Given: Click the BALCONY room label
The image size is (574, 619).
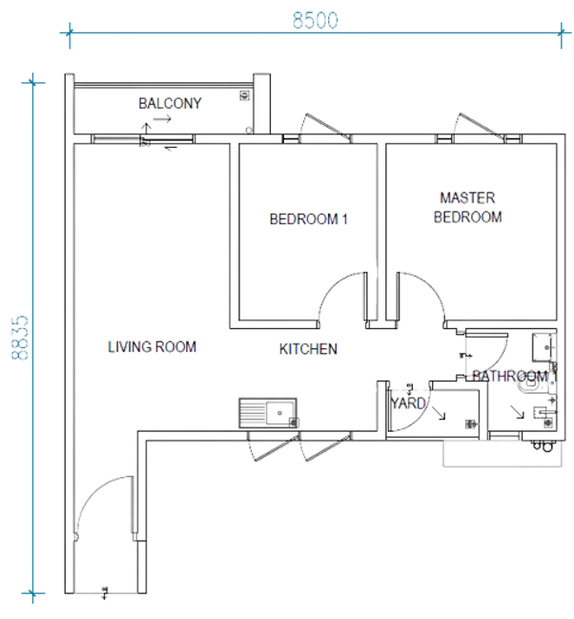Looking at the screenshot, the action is click(170, 103).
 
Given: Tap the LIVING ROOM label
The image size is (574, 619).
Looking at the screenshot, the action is click(152, 346).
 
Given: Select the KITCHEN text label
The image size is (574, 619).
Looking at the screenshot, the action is click(308, 349).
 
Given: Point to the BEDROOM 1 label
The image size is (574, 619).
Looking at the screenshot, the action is click(308, 219).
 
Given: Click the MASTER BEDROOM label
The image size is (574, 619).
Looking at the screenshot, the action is click(468, 207).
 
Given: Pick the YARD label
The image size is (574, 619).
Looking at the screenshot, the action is click(408, 403).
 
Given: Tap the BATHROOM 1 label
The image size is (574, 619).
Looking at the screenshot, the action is click(514, 376).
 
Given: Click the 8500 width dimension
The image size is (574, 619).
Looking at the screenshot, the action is click(315, 21).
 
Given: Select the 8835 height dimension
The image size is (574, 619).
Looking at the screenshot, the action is click(20, 338).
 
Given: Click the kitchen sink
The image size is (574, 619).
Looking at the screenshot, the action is click(268, 413).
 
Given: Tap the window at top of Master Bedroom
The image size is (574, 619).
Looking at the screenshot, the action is click(480, 138).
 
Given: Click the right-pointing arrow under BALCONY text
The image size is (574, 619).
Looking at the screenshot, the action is click(162, 118).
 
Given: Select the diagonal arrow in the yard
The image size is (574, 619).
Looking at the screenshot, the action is click(439, 413).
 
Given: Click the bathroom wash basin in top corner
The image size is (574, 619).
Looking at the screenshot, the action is click(544, 347).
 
